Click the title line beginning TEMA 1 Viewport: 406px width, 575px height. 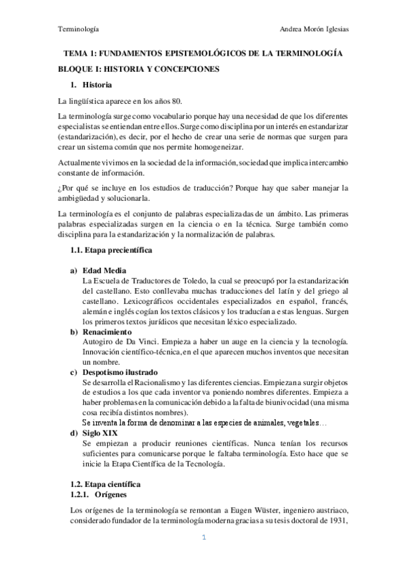203,53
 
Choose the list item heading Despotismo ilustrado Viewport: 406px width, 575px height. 119,372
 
